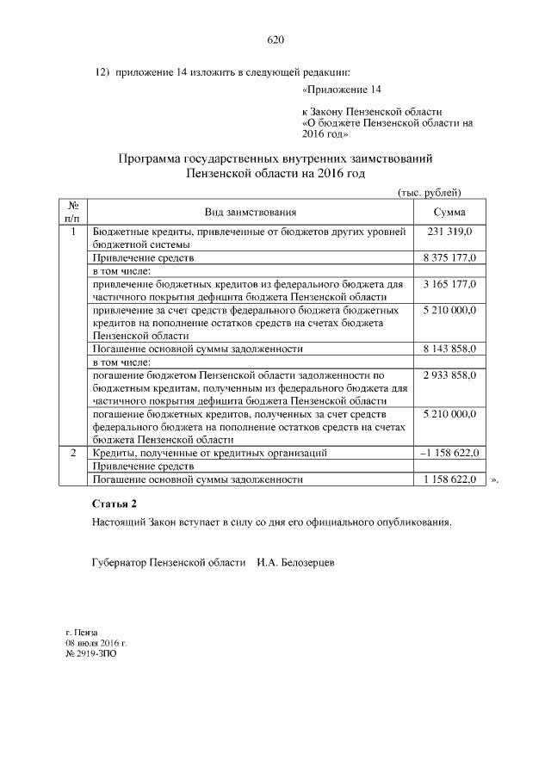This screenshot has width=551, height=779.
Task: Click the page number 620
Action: [275, 40]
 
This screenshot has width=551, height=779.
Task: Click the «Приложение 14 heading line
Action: [342, 90]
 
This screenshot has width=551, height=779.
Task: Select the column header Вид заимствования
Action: [251, 212]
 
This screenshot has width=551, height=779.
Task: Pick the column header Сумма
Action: [449, 212]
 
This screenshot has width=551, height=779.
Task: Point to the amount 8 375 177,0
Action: [449, 257]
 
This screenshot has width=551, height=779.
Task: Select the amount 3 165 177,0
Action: [449, 283]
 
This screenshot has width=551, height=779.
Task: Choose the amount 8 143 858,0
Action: [449, 349]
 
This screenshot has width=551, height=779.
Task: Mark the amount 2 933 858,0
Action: [449, 375]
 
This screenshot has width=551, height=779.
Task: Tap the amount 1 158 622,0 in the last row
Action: [449, 479]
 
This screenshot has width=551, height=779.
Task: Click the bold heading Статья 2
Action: [114, 503]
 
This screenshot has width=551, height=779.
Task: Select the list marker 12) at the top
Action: [102, 71]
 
